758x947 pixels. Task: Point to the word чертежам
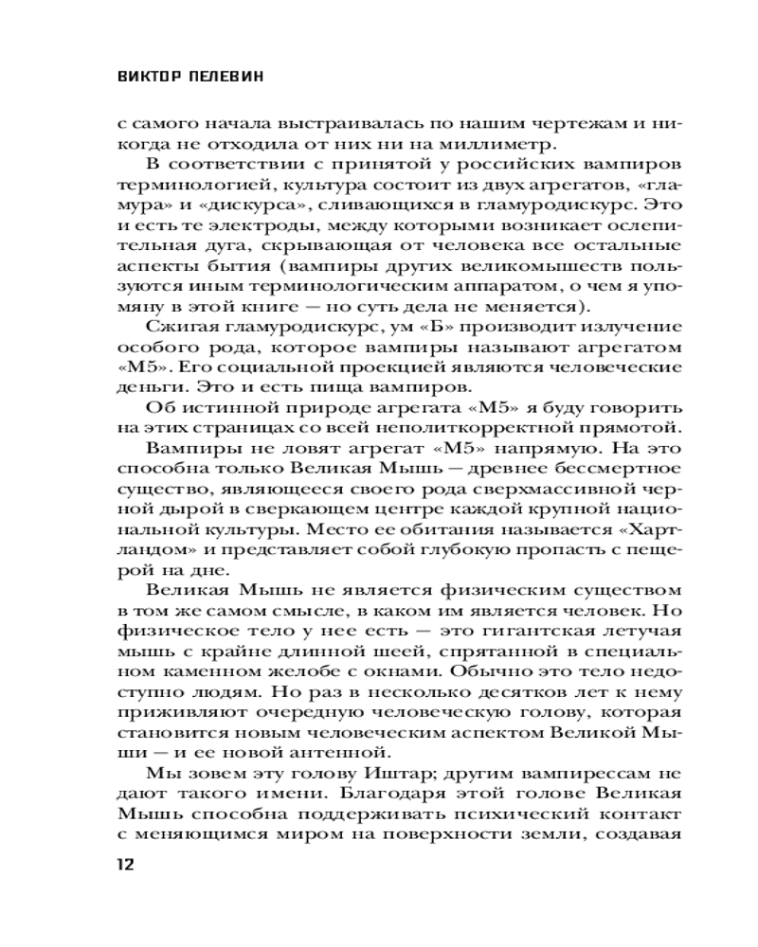pyautogui.click(x=504, y=124)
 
